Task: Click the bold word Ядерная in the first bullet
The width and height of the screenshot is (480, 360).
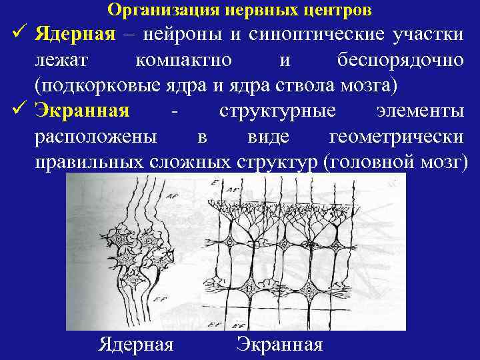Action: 75,33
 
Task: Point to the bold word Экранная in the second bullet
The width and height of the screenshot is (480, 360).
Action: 82,110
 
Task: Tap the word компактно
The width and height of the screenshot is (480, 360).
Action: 183,59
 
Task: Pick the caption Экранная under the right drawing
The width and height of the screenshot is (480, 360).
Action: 279,344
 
